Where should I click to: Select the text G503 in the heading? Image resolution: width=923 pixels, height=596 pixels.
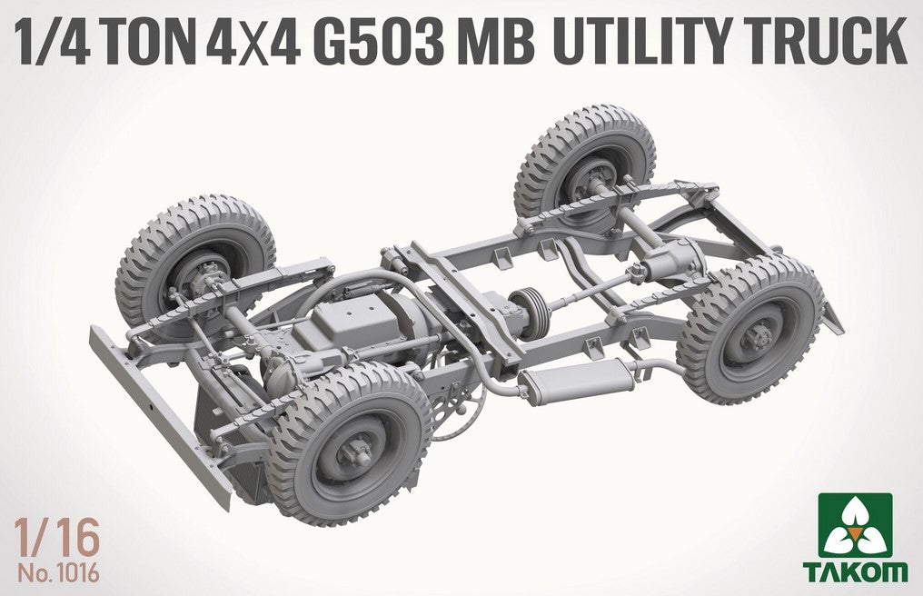(x=379, y=42)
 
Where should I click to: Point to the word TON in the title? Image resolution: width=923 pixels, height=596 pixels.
(x=150, y=42)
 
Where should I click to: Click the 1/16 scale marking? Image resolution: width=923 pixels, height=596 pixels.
(x=58, y=539)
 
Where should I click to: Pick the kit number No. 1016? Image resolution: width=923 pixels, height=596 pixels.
(x=58, y=573)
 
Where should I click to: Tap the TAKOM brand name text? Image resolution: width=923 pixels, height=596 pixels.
(x=855, y=571)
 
